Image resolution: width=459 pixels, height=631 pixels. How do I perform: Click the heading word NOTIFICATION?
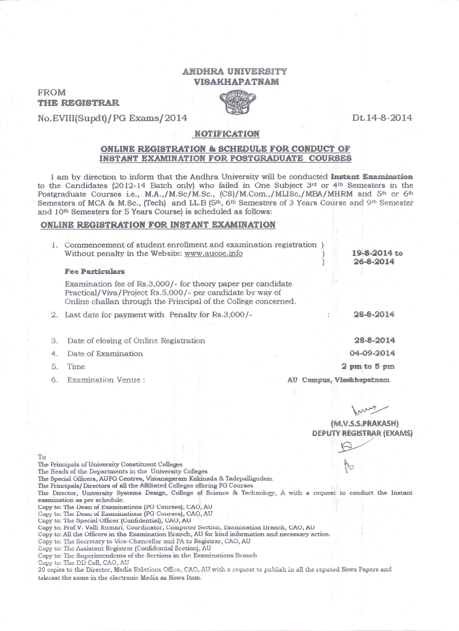(227, 134)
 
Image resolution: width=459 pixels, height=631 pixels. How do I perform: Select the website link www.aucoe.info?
(213, 253)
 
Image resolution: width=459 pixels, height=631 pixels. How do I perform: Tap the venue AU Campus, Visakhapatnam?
(338, 380)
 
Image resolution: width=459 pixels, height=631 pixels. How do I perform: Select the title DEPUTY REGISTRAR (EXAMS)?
(362, 433)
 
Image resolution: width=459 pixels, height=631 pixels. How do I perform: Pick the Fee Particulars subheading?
(95, 271)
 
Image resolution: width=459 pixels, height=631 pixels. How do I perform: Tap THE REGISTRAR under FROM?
(78, 103)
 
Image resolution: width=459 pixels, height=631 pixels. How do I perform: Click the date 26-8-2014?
(374, 262)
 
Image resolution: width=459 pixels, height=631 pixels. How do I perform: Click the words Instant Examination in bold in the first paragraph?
(372, 177)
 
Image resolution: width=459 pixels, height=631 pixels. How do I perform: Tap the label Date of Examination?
(105, 354)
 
